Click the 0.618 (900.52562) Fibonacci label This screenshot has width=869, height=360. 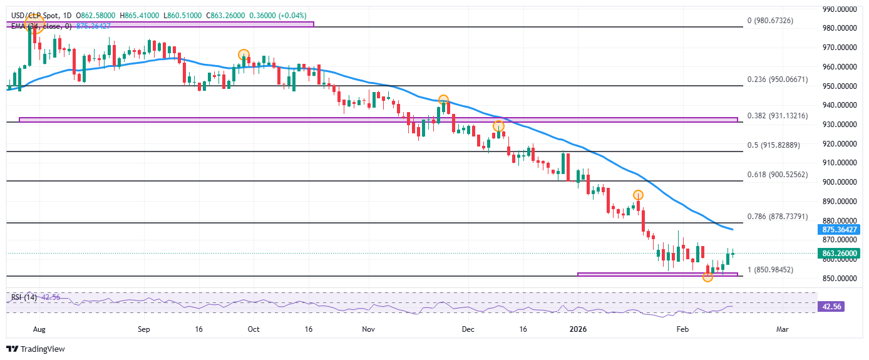click(x=778, y=175)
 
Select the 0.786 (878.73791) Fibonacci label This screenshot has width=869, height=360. click(x=778, y=217)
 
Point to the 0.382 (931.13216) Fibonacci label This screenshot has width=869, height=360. click(x=778, y=116)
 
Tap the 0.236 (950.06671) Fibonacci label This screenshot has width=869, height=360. click(x=778, y=80)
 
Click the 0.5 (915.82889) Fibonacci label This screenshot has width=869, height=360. click(x=774, y=145)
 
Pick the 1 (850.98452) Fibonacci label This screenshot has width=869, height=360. click(x=771, y=270)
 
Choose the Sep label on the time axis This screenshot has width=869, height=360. click(x=143, y=328)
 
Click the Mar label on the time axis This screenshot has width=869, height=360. click(x=781, y=328)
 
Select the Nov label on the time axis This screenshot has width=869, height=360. click(x=368, y=328)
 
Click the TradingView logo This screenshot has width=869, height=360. click(x=36, y=349)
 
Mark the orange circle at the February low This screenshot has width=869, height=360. click(x=707, y=277)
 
